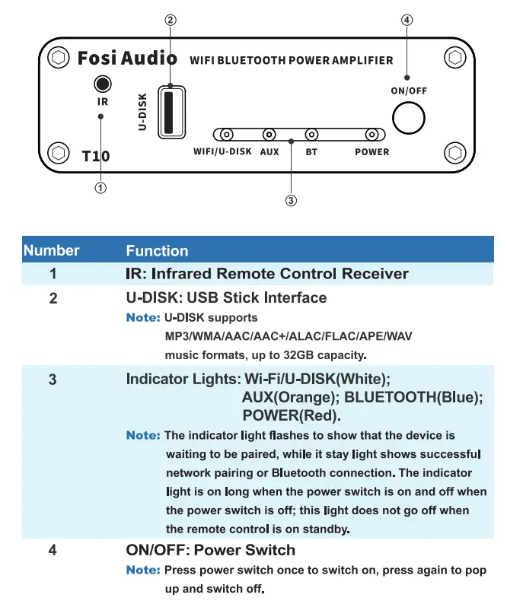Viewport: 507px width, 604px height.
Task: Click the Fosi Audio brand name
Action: [x=127, y=58]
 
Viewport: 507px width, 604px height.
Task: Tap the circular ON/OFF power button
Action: [x=409, y=119]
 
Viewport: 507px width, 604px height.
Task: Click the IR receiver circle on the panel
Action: [x=102, y=84]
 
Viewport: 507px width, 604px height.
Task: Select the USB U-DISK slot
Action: [x=171, y=111]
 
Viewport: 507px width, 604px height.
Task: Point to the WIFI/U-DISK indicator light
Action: [x=226, y=135]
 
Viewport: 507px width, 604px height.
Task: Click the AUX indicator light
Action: [x=269, y=135]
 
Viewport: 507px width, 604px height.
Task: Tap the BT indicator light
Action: [x=311, y=135]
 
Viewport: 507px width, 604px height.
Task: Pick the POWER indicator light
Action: [x=371, y=135]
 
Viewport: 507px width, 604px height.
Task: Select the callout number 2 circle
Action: [x=171, y=21]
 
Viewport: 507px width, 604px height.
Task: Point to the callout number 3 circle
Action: [x=291, y=201]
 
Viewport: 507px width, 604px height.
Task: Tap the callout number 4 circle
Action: [x=407, y=21]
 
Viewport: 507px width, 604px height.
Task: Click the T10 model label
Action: [x=96, y=156]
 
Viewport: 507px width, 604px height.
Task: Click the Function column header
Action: [x=157, y=251]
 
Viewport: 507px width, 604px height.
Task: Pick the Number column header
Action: [x=52, y=250]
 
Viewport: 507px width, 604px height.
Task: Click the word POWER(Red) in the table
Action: [x=291, y=415]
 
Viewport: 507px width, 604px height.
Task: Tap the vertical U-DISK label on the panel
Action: [x=142, y=112]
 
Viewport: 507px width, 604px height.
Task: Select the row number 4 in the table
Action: [x=53, y=549]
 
